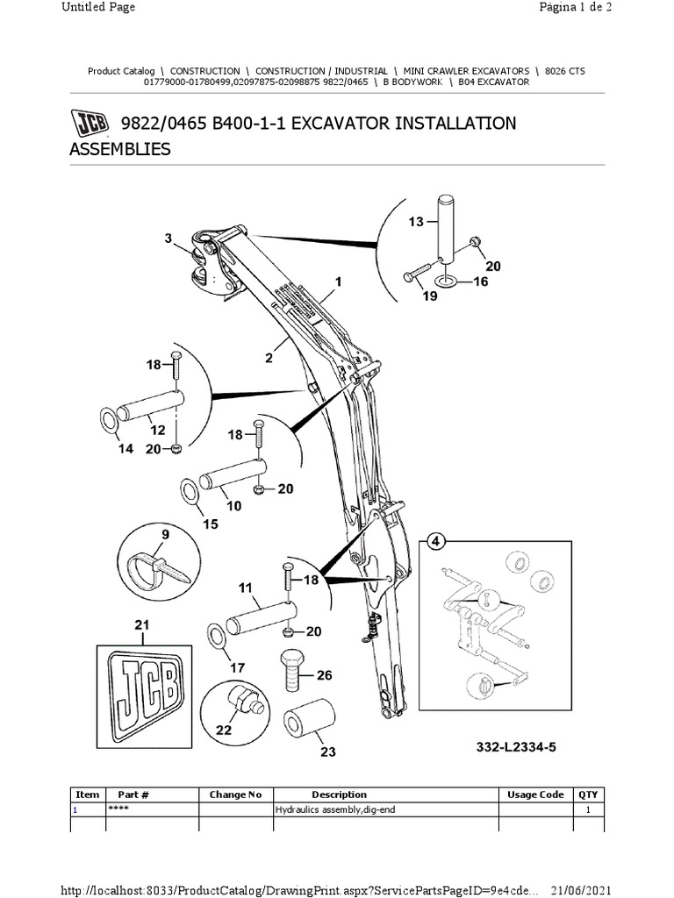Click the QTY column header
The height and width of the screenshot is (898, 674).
pos(588,795)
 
